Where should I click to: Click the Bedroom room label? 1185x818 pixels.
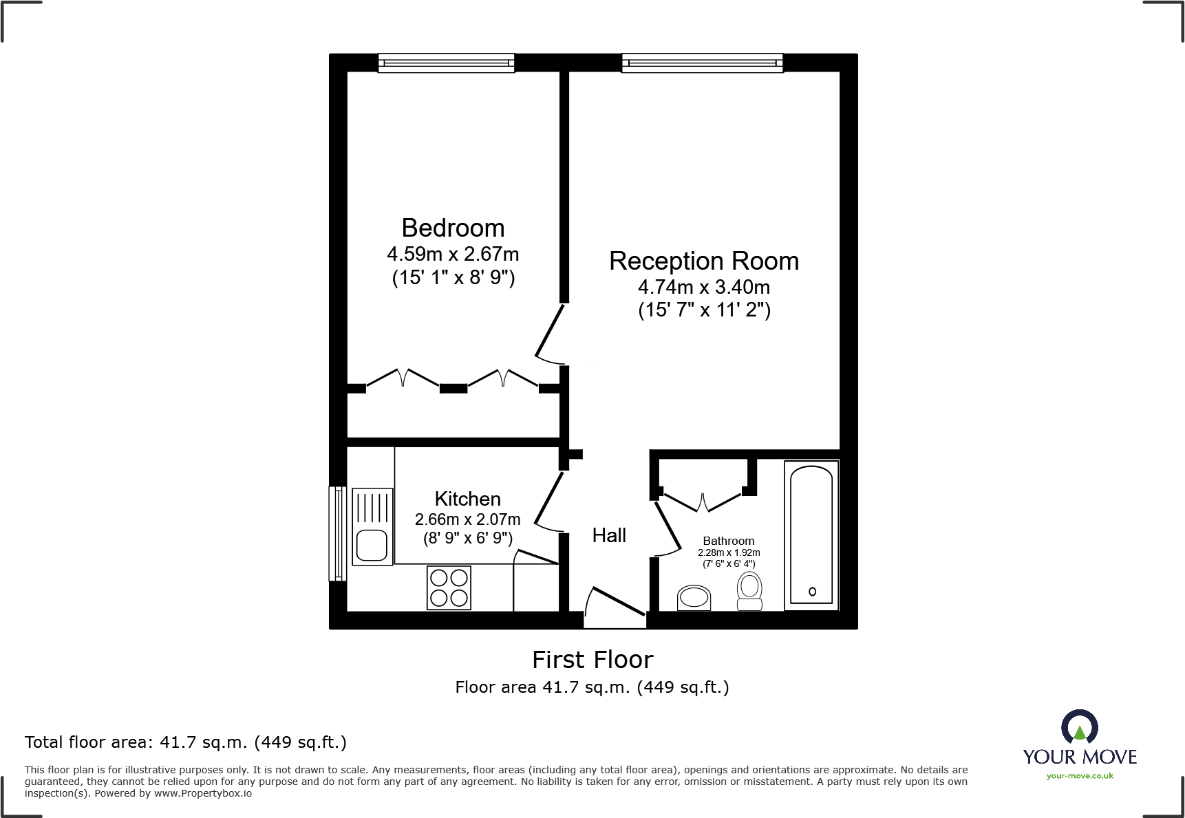[453, 228]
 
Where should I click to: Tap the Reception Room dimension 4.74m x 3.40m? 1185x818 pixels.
[703, 287]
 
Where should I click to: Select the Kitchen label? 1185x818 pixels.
[467, 499]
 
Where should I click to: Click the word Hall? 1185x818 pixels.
[609, 535]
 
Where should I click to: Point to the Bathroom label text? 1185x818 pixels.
[728, 541]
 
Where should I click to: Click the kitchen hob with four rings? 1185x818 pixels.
[449, 588]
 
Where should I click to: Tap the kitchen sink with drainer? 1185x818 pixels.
[372, 526]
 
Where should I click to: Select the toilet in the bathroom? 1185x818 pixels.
[749, 592]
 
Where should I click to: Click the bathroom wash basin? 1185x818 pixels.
[694, 598]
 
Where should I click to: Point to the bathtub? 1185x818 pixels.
[811, 535]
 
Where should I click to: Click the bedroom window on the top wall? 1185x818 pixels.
[446, 63]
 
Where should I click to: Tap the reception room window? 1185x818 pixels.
[702, 63]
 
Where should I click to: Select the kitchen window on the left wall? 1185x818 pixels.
[337, 533]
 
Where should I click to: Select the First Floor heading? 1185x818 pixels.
[592, 660]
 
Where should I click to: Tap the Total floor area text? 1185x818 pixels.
[185, 742]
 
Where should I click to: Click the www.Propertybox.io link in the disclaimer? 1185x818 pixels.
[202, 793]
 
